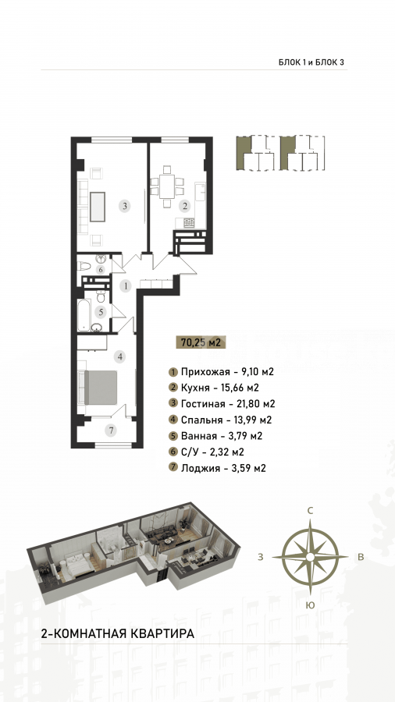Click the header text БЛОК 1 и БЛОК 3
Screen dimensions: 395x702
click(311, 62)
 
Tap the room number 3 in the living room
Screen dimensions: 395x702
click(126, 207)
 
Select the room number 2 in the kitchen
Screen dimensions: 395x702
click(184, 207)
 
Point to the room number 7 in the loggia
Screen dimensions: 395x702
click(111, 431)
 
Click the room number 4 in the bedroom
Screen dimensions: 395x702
click(119, 356)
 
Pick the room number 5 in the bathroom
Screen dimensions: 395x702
click(101, 270)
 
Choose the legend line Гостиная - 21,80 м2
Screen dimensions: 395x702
click(222, 404)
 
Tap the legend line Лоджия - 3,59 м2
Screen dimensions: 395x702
click(218, 468)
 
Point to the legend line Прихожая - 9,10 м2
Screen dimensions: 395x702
click(221, 371)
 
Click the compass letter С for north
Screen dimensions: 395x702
click(309, 510)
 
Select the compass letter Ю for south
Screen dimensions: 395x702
click(310, 605)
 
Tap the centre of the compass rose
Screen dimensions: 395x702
click(310, 557)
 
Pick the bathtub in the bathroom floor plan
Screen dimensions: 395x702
click(84, 315)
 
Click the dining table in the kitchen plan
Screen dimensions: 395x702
click(167, 186)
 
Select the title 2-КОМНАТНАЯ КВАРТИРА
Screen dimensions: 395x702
click(118, 634)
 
